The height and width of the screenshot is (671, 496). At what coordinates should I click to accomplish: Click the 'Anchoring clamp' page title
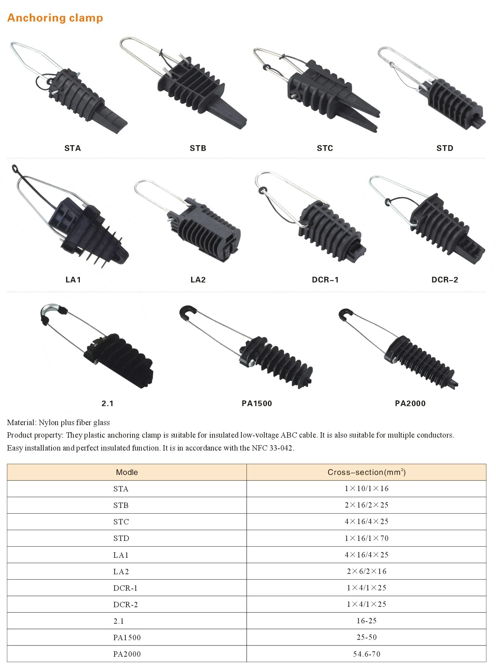click(55, 18)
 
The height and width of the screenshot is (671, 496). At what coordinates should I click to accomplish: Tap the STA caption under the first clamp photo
click(73, 148)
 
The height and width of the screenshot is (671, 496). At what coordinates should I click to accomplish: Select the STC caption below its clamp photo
click(325, 148)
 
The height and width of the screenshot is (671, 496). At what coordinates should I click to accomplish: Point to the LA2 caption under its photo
click(198, 280)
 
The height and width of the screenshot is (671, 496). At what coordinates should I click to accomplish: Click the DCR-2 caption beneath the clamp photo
click(445, 280)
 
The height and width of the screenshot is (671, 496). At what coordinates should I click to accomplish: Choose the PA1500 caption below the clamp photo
click(257, 403)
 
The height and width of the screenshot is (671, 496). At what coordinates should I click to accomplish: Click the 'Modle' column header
click(127, 472)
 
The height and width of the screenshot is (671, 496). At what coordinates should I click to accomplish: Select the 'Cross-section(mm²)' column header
click(366, 472)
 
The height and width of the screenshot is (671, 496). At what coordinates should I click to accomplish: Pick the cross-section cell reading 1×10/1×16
click(366, 489)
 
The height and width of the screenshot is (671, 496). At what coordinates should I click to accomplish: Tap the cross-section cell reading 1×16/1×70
click(366, 538)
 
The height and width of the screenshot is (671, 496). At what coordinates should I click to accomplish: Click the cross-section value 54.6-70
click(366, 654)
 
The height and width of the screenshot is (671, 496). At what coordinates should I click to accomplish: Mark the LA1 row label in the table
click(121, 555)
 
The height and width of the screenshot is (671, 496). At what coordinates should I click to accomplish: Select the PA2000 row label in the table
click(127, 654)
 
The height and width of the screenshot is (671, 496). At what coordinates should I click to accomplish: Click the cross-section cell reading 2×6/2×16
click(366, 571)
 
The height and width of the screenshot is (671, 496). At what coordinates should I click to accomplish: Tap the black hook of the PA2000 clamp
click(345, 314)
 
